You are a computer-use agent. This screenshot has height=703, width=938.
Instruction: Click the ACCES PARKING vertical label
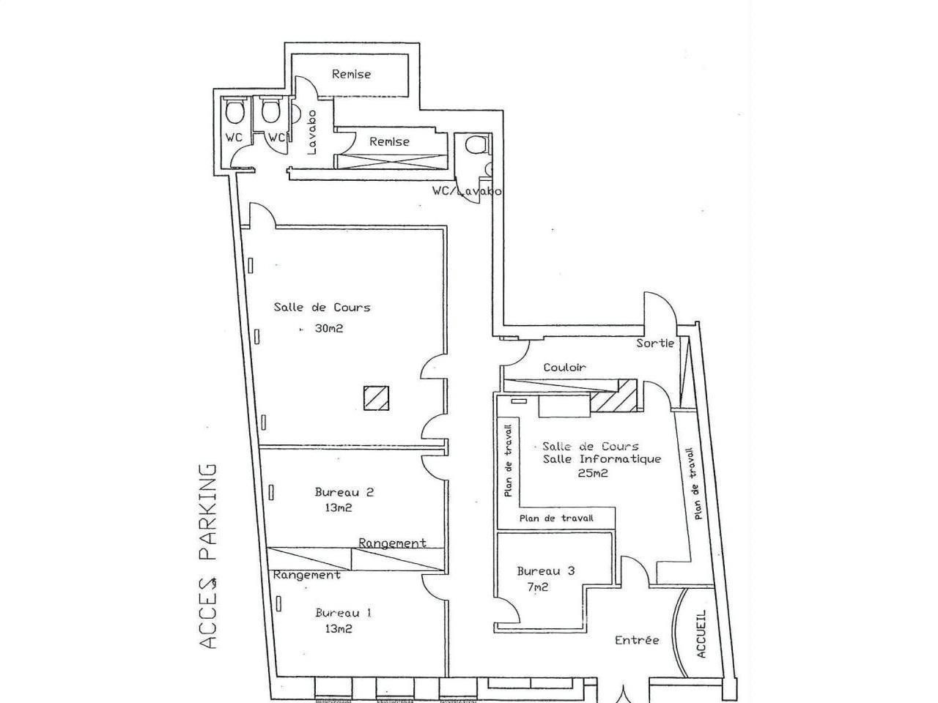tap(210, 556)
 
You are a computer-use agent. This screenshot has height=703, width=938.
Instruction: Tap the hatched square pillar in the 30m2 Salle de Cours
tap(376, 398)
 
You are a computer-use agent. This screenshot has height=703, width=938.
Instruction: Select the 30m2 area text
tap(329, 329)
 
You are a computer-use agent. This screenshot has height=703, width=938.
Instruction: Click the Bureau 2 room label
tap(344, 492)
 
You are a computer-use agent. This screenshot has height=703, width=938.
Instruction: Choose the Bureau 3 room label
tap(545, 571)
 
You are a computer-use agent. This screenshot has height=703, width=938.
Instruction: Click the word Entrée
tap(637, 640)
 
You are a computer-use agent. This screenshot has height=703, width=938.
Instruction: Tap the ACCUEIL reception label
tap(701, 634)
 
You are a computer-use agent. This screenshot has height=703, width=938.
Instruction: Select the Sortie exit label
tap(654, 343)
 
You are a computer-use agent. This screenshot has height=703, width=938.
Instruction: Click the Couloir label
tap(564, 368)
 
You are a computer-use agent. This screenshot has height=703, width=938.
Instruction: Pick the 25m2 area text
tap(593, 473)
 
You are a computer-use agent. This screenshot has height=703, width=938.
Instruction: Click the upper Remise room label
tap(351, 74)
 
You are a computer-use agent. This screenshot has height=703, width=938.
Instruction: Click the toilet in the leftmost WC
tap(234, 112)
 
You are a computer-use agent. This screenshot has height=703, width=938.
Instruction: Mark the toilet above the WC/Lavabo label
tap(475, 144)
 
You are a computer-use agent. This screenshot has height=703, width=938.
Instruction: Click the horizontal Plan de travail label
tap(555, 518)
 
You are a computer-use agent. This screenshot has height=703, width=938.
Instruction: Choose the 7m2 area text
tap(537, 587)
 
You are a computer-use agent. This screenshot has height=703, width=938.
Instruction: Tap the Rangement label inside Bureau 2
tap(392, 543)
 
